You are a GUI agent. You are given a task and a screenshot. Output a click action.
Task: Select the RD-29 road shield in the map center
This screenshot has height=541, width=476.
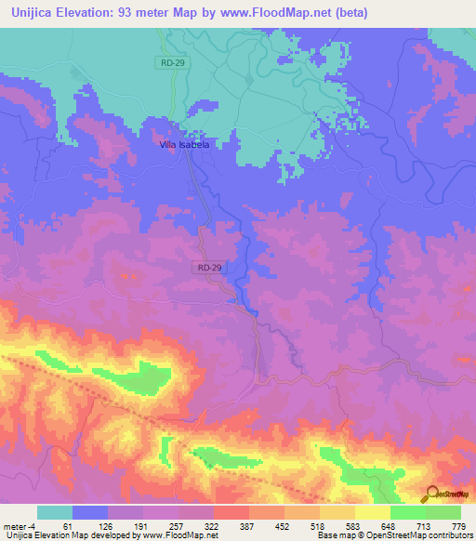coord(208,267)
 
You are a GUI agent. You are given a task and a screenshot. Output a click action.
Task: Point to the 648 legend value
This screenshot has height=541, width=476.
coord(390,526)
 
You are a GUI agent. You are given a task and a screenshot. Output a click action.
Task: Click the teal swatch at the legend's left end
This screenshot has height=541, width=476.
coord(55,512)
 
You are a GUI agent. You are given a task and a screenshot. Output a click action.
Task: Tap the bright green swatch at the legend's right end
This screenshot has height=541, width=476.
coord(443,512)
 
